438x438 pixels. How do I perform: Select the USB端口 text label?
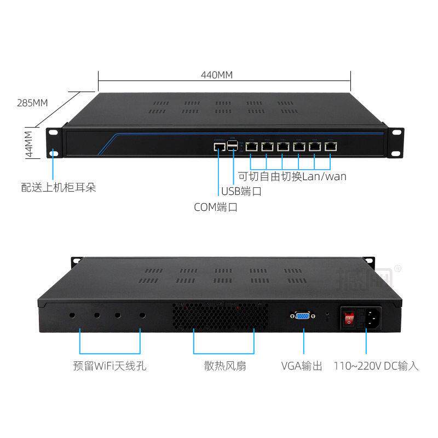pos(241,192)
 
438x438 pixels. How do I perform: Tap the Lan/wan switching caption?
pos(292,176)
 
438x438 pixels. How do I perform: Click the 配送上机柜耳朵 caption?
pos(59,188)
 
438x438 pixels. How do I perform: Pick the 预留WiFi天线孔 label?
pos(109,365)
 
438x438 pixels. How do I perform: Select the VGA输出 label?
pos(302,365)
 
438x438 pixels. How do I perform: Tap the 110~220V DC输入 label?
pos(376,365)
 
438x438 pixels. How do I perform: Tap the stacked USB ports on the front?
pos(234,146)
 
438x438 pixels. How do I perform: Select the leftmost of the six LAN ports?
pos(252,146)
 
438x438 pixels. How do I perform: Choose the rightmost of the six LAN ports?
pos(331,146)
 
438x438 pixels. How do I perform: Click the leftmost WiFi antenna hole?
pos(72,315)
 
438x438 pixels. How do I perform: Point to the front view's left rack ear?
pos(53,142)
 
